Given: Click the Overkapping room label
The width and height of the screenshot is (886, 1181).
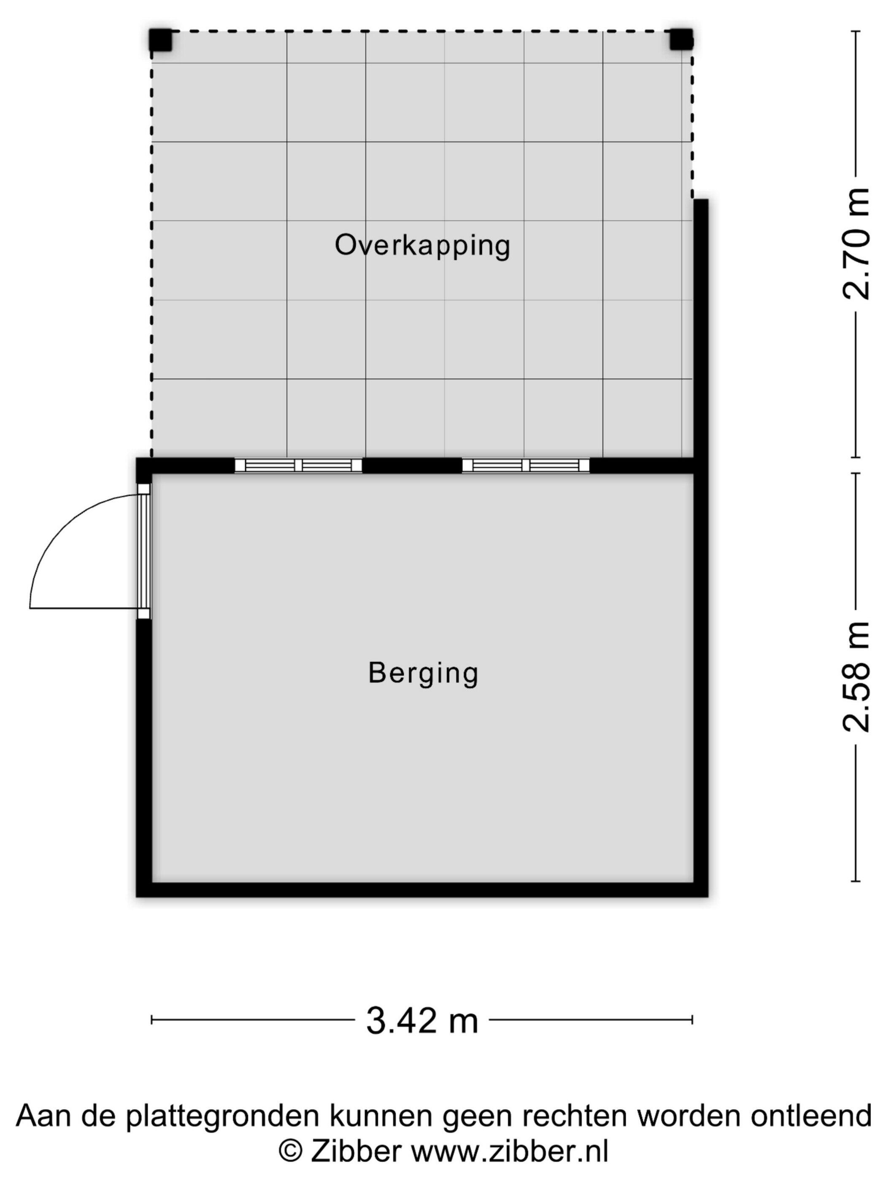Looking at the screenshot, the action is click(422, 246).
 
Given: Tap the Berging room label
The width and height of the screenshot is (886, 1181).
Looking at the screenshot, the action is click(423, 673).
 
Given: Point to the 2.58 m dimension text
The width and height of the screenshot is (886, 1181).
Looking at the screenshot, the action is click(856, 677).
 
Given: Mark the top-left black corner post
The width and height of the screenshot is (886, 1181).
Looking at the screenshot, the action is click(160, 40).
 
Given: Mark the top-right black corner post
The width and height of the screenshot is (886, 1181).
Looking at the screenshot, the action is click(681, 40).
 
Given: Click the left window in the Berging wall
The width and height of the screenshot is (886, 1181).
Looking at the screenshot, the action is click(299, 466).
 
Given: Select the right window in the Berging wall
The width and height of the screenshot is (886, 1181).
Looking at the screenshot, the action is click(526, 466).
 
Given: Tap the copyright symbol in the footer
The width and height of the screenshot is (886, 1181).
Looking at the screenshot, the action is click(291, 1151).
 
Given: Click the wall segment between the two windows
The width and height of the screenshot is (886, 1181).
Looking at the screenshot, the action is click(412, 466).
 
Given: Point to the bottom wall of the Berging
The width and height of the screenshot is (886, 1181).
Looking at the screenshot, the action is click(422, 890).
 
